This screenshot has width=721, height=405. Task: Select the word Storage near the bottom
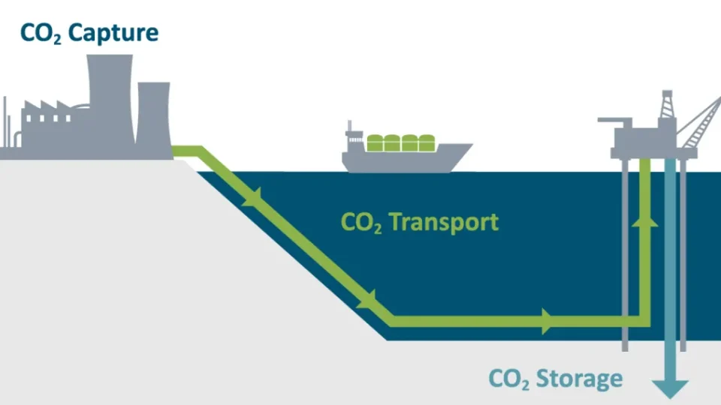pyautogui.click(x=579, y=378)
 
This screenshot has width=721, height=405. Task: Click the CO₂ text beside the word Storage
pyautogui.click(x=510, y=379)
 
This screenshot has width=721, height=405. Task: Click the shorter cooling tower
pyautogui.click(x=153, y=116)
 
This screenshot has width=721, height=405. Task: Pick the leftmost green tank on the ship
pyautogui.click(x=376, y=143)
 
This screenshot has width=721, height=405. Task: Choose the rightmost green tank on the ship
pyautogui.click(x=427, y=143)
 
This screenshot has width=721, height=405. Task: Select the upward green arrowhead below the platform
pyautogui.click(x=645, y=219)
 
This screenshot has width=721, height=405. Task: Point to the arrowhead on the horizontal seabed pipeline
pyautogui.click(x=547, y=322)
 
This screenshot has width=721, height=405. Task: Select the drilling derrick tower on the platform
pyautogui.click(x=666, y=109)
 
